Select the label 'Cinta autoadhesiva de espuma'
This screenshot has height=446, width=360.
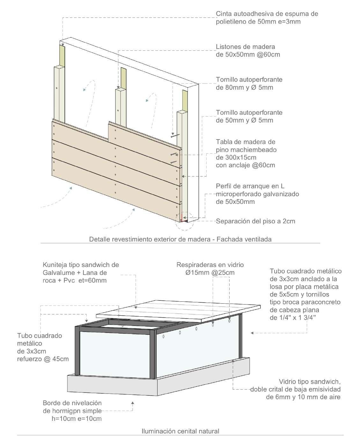(267, 14)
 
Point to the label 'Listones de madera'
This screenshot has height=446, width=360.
(245, 47)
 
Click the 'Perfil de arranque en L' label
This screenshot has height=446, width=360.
(250, 186)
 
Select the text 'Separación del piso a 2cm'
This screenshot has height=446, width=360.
(255, 221)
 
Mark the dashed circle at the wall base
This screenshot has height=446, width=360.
(184, 221)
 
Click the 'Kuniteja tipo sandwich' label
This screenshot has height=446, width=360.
(81, 265)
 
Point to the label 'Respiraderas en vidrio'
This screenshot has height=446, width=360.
(210, 265)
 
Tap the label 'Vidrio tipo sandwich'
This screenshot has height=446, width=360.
(310, 381)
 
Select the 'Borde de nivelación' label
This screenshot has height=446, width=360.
(72, 403)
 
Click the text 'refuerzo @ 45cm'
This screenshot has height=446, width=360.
(43, 359)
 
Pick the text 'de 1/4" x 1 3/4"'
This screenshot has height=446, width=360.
(293, 317)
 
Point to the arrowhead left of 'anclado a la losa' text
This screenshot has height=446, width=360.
(252, 333)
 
